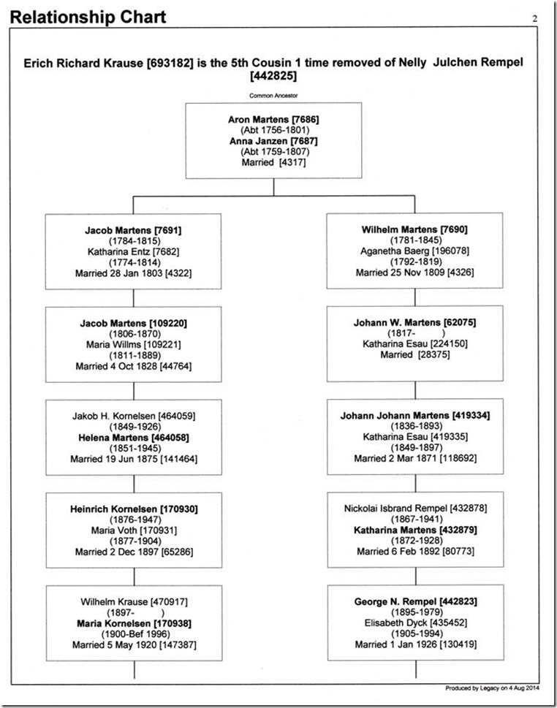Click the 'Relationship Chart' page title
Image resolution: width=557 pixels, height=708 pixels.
[88, 17]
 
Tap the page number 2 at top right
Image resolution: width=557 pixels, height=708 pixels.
[535, 18]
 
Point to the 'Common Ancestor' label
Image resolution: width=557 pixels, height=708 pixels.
[273, 95]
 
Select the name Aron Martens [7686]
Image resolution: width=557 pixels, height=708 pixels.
[273, 120]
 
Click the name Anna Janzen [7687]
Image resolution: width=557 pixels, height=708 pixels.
[273, 141]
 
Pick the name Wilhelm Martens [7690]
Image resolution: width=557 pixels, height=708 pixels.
[414, 229]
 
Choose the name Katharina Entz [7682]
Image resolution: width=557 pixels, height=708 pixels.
[133, 251]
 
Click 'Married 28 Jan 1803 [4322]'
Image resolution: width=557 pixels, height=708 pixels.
[133, 273]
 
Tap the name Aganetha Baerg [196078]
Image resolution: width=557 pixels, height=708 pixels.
[414, 251]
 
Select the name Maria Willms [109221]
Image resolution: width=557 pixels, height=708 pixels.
[133, 345]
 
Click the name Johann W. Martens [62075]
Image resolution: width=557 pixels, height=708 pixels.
[414, 322]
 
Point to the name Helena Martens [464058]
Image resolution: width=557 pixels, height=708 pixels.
[134, 438]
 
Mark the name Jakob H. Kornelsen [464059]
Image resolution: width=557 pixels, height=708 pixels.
[134, 416]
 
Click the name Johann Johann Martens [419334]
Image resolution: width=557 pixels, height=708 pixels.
[415, 416]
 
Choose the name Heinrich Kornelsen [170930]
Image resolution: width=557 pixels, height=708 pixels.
[134, 509]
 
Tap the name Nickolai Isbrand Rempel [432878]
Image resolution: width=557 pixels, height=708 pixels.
[416, 509]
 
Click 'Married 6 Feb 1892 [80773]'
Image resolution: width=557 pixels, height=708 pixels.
[416, 552]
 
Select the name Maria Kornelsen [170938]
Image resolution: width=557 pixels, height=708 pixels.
[134, 623]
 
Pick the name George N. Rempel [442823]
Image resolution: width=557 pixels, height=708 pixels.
[416, 601]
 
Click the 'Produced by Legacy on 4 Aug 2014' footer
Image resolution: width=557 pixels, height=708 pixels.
[492, 688]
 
